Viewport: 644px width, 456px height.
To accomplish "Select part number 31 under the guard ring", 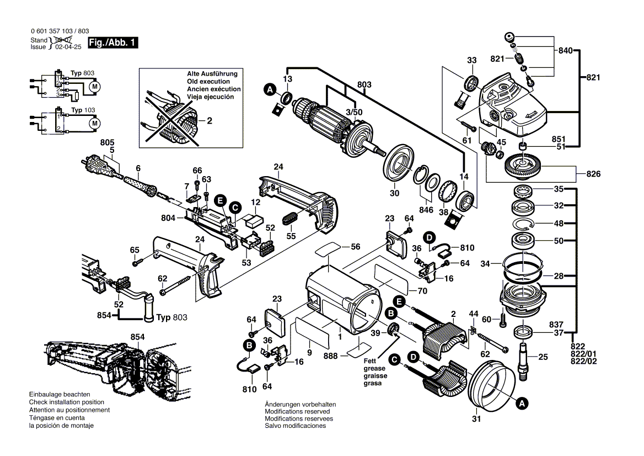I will pyautogui.click(x=476, y=419).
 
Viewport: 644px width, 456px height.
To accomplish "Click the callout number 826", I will pyautogui.click(x=593, y=174).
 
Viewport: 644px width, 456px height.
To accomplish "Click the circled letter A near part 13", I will pyautogui.click(x=270, y=89).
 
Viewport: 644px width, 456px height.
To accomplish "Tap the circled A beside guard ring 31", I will pyautogui.click(x=521, y=404).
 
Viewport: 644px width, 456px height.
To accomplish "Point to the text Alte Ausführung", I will pyautogui.click(x=212, y=73).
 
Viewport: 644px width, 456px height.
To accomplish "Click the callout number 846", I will pyautogui.click(x=426, y=211).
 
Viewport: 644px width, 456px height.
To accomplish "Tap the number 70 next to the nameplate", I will pyautogui.click(x=422, y=290).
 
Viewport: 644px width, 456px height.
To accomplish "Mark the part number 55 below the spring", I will pyautogui.click(x=291, y=236).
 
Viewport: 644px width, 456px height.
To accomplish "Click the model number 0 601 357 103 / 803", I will pyautogui.click(x=59, y=31).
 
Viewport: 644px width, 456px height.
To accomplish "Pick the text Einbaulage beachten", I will pyautogui.click(x=60, y=395).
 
